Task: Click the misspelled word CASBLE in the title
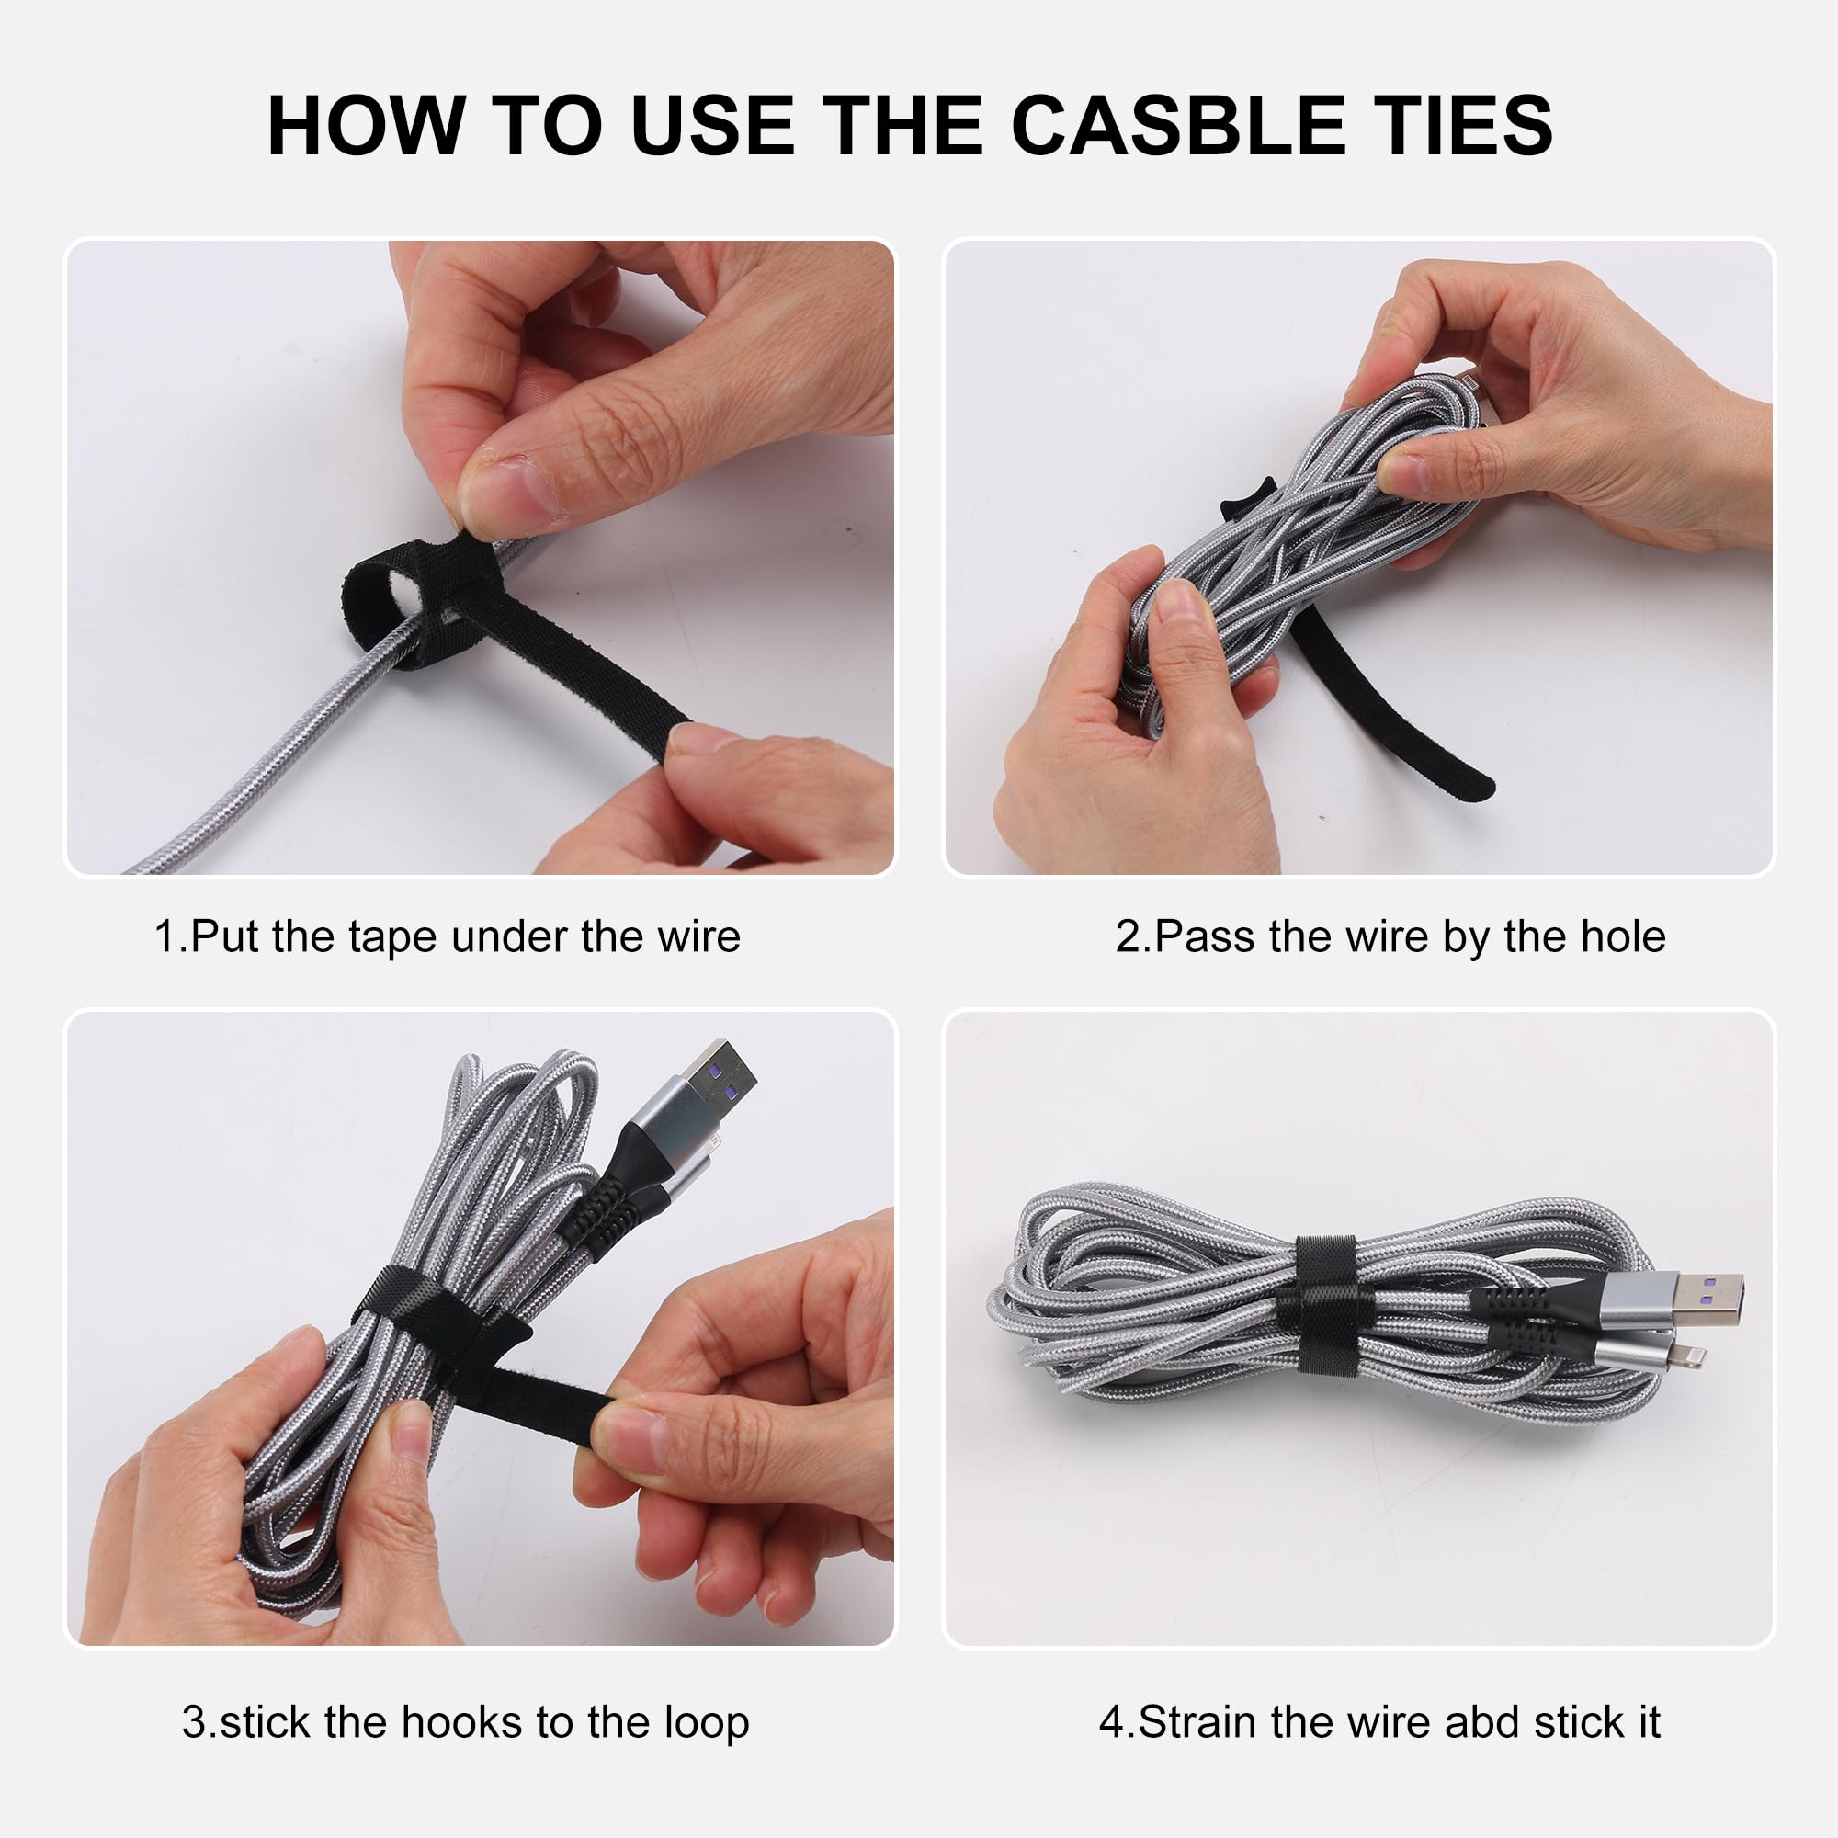1177,126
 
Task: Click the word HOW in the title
366,126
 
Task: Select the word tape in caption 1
393,937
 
